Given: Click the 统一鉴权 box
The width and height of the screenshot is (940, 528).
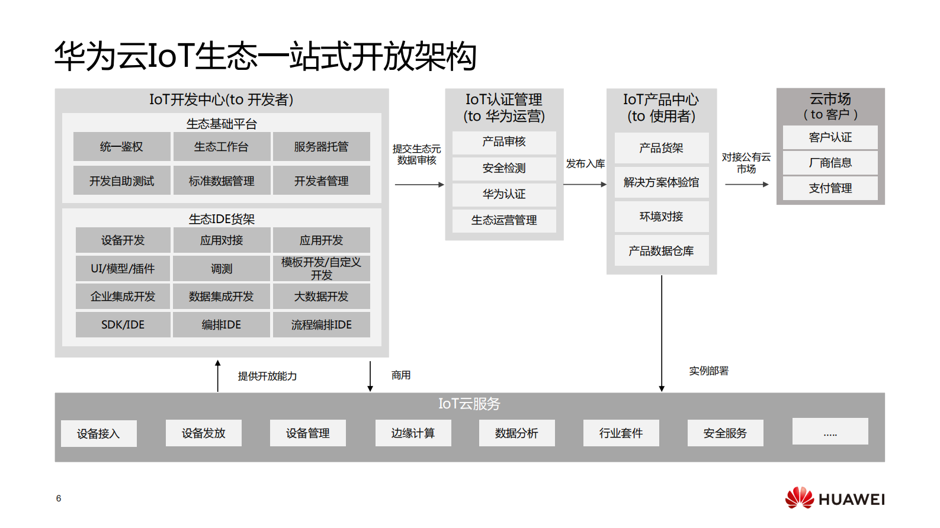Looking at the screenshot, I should pyautogui.click(x=121, y=147).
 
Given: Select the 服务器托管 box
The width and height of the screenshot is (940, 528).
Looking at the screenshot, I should pyautogui.click(x=321, y=147).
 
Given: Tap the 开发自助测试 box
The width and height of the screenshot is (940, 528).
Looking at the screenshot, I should pyautogui.click(x=121, y=181).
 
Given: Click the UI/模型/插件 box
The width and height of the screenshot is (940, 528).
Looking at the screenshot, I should pyautogui.click(x=123, y=268).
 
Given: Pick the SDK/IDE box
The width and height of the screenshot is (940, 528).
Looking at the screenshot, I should pyautogui.click(x=123, y=324).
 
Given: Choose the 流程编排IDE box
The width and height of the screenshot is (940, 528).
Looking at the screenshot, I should pyautogui.click(x=321, y=324).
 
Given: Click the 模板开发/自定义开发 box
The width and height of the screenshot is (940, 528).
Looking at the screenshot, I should pyautogui.click(x=321, y=268).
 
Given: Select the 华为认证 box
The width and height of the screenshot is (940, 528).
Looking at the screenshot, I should pyautogui.click(x=504, y=194).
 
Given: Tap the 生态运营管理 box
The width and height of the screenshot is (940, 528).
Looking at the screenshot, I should pyautogui.click(x=504, y=220).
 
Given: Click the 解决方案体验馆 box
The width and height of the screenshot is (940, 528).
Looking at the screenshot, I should pyautogui.click(x=661, y=182).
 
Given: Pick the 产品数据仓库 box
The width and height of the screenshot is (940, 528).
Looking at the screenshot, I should pyautogui.click(x=661, y=251).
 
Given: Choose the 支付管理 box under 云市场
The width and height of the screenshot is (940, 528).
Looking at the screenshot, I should pyautogui.click(x=830, y=188).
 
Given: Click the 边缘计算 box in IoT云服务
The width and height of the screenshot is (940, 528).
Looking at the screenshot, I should pyautogui.click(x=413, y=433).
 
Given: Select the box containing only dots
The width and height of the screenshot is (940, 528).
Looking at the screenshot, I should pyautogui.click(x=830, y=432).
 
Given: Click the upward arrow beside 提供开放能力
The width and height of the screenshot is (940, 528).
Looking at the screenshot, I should pyautogui.click(x=218, y=376).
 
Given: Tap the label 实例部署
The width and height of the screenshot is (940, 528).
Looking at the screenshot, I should pyautogui.click(x=708, y=371).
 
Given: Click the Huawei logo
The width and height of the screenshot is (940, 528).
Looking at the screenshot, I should pyautogui.click(x=835, y=498).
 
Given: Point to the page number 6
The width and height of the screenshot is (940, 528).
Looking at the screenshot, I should pyautogui.click(x=59, y=498).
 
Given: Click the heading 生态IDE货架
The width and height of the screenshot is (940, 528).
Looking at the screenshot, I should pyautogui.click(x=222, y=219).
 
